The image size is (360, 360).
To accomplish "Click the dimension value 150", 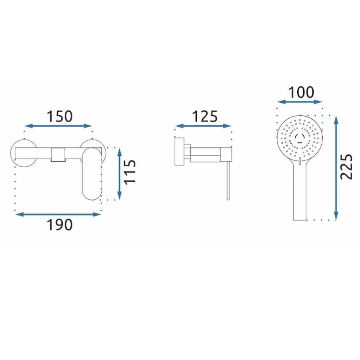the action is pyautogui.click(x=60, y=116).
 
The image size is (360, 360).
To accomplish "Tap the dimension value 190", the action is pyautogui.click(x=60, y=225).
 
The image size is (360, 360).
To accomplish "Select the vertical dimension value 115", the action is pyautogui.click(x=130, y=172).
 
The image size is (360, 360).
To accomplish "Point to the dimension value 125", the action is pyautogui.click(x=204, y=116).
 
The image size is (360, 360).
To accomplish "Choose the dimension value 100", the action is pyautogui.click(x=301, y=92).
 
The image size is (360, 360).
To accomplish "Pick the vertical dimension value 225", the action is pyautogui.click(x=346, y=167).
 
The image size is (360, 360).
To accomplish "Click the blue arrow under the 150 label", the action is pyautogui.click(x=58, y=126).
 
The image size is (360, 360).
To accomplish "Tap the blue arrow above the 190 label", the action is pyautogui.click(x=58, y=214).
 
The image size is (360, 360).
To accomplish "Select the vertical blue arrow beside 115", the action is pyautogui.click(x=119, y=174).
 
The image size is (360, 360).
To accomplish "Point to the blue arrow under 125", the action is pyautogui.click(x=203, y=126).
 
